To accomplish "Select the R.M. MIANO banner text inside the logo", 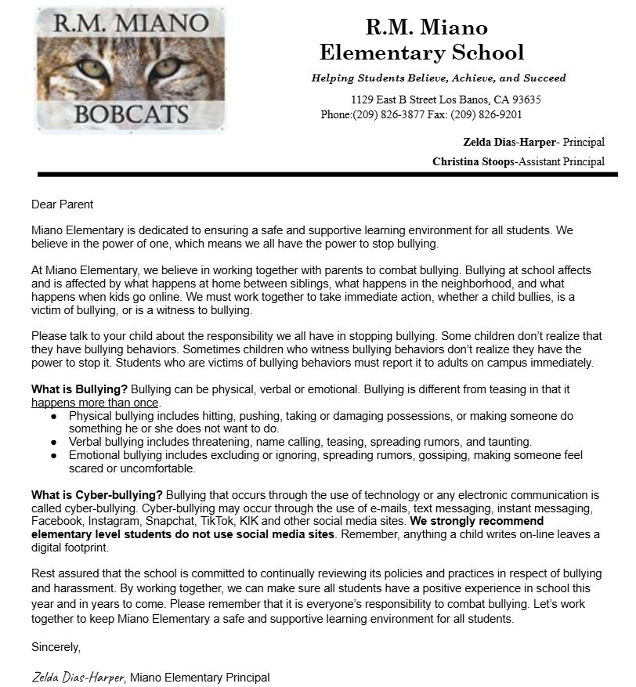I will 131,24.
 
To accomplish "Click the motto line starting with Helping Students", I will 439,78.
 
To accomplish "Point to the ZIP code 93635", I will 521,100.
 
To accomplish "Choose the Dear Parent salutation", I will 62,204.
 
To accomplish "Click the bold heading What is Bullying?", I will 79,389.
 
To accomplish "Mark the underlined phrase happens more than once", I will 95,403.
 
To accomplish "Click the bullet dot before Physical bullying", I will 53,417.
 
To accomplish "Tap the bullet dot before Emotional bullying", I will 53,455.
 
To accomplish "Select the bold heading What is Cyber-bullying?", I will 97,495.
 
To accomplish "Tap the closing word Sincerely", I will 56,647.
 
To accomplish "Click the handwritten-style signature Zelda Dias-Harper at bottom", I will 78,678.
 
